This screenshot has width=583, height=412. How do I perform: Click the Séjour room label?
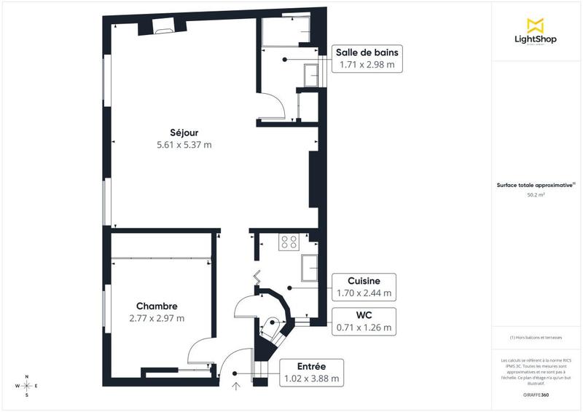[184, 132]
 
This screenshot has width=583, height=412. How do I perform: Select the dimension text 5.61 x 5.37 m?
[184, 145]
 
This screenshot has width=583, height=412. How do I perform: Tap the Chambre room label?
[157, 306]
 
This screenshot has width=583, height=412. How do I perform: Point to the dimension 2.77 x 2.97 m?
[157, 318]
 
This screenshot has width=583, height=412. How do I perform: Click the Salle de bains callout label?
[367, 52]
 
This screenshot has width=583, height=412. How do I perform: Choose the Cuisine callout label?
[364, 281]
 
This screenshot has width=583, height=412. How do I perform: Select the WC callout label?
[364, 314]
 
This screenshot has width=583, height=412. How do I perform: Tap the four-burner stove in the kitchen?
[289, 242]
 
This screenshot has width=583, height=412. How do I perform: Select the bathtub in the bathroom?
[286, 32]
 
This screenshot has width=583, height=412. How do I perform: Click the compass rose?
[27, 386]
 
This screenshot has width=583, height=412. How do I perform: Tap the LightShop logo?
[536, 31]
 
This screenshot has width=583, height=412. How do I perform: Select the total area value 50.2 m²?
[536, 195]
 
